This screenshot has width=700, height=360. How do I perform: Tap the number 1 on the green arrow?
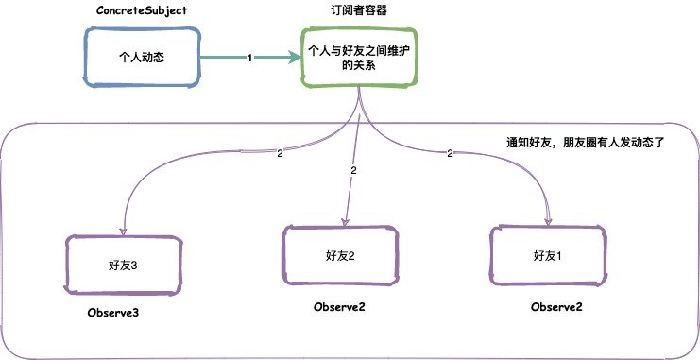249,59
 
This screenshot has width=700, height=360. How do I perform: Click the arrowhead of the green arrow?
294,59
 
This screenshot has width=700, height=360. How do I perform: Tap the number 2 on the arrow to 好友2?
352,171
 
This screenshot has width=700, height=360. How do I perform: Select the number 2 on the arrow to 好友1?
450,153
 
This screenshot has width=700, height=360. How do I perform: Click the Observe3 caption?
117,313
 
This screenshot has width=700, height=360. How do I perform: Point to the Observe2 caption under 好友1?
556,307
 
